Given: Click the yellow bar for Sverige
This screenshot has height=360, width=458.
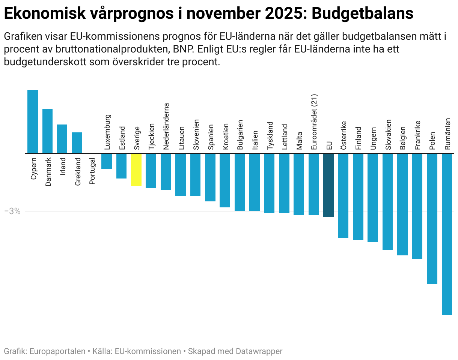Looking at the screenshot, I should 136,169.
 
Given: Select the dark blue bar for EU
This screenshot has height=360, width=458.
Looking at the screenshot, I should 328,185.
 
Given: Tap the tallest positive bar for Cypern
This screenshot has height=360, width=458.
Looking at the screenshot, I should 33,121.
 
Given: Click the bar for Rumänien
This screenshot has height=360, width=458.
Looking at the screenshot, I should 447,234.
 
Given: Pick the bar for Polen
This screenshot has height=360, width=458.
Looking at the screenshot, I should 432,219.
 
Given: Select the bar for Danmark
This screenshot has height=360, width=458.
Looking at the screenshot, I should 47,131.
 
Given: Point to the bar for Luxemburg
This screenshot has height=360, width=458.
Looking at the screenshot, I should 107,161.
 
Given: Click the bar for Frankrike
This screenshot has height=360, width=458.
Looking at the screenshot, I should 417,206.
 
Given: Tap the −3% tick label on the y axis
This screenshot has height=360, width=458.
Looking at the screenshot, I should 12,211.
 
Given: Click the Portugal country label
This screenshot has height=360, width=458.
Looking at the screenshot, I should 92,171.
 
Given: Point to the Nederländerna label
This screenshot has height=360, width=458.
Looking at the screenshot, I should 166,127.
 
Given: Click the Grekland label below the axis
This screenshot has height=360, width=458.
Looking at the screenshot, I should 78,171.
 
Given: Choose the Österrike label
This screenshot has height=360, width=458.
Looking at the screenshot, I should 343,135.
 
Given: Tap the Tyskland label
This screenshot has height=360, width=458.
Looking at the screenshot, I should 270,136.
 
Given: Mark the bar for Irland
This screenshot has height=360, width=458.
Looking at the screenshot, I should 62,139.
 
